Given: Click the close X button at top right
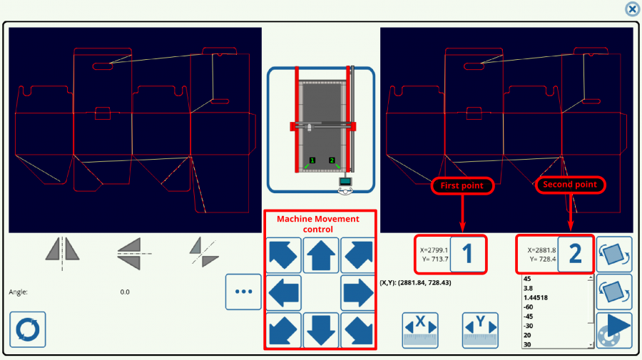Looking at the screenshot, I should [x=632, y=9].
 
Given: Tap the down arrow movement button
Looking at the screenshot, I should [x=320, y=329].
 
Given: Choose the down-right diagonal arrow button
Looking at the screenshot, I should [x=357, y=329].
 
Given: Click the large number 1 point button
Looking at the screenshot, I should [x=468, y=254].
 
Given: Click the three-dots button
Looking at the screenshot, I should [x=243, y=292].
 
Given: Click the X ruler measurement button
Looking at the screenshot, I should [x=419, y=329].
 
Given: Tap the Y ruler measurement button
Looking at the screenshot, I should [x=479, y=329].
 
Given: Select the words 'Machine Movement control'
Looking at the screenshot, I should [x=318, y=224].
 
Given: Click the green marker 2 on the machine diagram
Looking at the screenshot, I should [x=332, y=160].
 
